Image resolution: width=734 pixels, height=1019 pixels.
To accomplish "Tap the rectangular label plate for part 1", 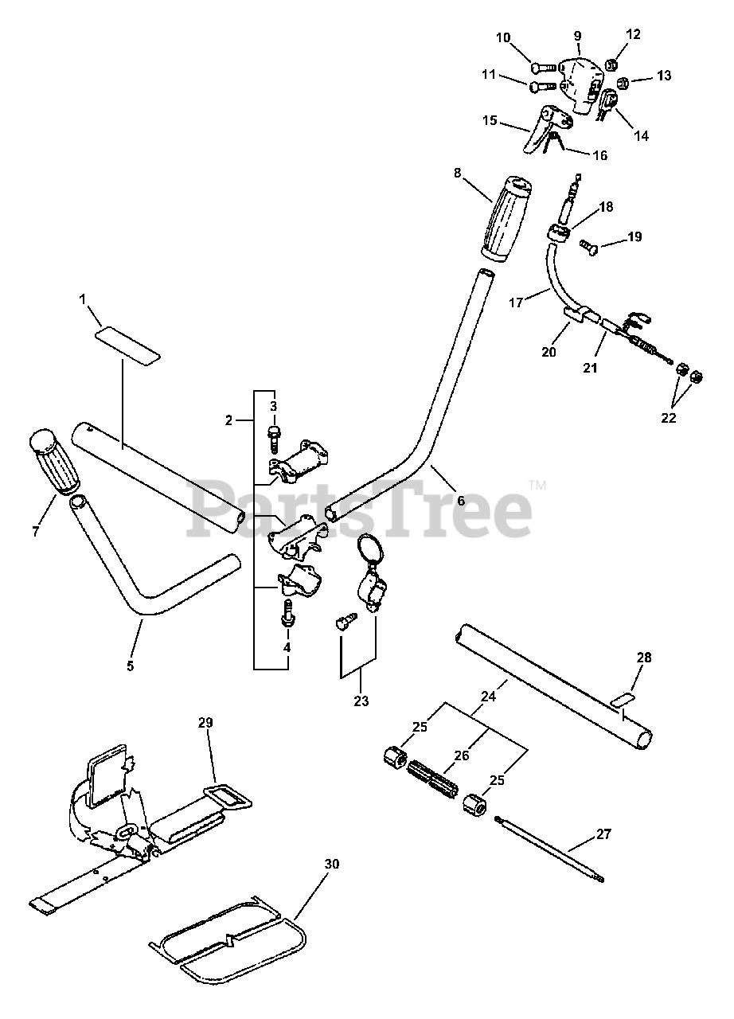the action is [127, 342].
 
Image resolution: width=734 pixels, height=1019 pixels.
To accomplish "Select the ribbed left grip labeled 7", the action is [55, 463].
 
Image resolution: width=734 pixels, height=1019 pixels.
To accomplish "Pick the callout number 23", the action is [361, 701].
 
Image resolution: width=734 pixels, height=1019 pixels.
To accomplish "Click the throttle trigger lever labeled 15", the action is [545, 126].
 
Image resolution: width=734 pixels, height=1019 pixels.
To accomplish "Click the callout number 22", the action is [669, 418].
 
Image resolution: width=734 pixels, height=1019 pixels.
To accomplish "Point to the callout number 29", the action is [205, 723].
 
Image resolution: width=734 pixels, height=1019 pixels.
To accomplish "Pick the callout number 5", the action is [131, 666].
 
